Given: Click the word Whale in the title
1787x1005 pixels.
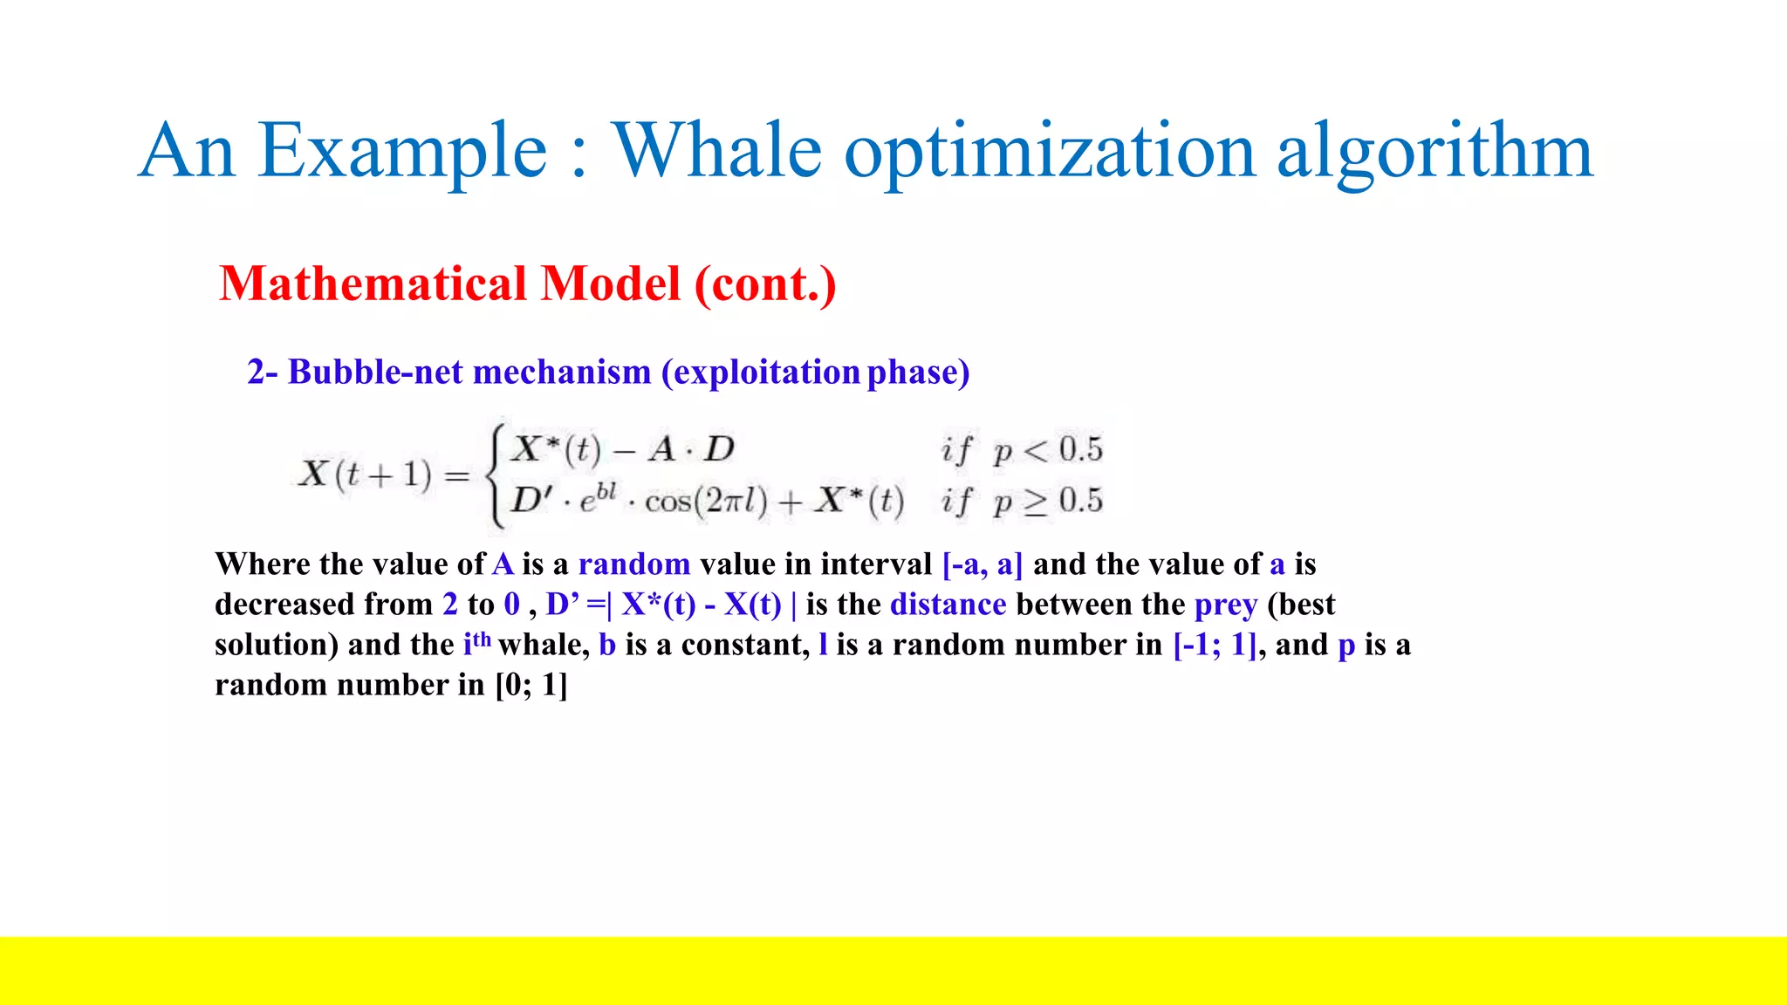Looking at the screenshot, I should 715,150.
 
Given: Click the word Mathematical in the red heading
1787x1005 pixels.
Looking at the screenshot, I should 373,284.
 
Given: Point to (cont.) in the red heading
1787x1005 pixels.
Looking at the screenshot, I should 765,284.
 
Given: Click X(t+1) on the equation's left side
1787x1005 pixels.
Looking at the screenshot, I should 366,475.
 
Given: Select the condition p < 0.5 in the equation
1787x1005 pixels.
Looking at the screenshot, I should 1047,450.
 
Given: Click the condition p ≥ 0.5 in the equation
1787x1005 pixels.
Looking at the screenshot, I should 1047,502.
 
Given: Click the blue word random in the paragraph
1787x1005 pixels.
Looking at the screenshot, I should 634,564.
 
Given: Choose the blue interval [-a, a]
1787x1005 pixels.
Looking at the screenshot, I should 983,564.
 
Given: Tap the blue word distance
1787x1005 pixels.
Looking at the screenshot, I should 948,605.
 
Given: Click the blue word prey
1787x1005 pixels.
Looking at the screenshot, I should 1226,605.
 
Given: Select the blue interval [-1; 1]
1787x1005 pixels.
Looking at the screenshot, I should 1215,645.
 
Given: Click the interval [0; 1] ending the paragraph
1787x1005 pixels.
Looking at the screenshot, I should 531,685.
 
